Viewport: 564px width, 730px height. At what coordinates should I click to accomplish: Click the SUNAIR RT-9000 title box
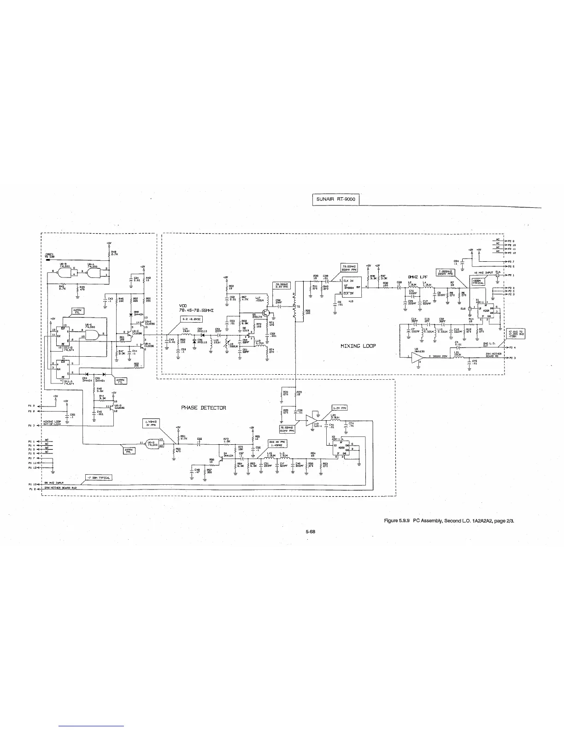[335, 200]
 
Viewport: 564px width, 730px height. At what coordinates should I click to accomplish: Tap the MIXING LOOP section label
[358, 346]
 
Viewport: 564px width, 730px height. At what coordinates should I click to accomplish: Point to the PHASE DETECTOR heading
[203, 408]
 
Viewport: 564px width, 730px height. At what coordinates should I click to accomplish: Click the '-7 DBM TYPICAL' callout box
[98, 477]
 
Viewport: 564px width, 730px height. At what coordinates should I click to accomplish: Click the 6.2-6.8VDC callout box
[190, 318]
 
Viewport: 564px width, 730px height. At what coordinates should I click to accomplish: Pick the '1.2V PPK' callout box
[339, 408]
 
